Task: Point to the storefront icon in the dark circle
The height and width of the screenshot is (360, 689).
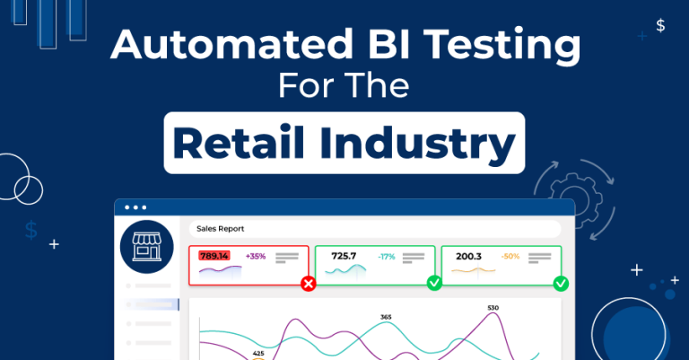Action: pyautogui.click(x=145, y=246)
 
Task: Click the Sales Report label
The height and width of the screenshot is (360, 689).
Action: pyautogui.click(x=220, y=229)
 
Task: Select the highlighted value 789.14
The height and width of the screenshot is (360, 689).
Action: pyautogui.click(x=214, y=257)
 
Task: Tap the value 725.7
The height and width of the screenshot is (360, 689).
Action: pyautogui.click(x=344, y=257)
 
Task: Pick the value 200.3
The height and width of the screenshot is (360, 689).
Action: pyautogui.click(x=468, y=257)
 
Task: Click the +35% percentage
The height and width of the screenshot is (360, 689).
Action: pyautogui.click(x=256, y=257)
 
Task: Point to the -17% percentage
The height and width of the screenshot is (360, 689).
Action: pyautogui.click(x=386, y=257)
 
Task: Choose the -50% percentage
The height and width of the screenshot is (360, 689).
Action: pyautogui.click(x=510, y=257)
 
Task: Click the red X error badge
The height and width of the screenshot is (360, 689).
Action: pyautogui.click(x=309, y=284)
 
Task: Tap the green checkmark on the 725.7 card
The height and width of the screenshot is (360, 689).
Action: pyautogui.click(x=434, y=284)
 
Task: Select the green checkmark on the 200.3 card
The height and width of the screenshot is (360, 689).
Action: pyautogui.click(x=561, y=284)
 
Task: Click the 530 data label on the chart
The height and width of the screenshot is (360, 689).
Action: pyautogui.click(x=493, y=308)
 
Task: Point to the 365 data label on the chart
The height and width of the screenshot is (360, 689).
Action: pyautogui.click(x=386, y=317)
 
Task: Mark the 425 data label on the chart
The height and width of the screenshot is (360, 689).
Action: pyautogui.click(x=258, y=353)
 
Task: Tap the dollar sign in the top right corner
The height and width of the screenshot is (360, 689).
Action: pyautogui.click(x=660, y=25)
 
